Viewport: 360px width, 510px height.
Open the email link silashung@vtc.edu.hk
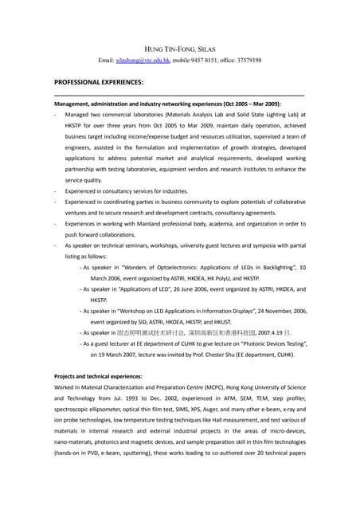coord(142,61)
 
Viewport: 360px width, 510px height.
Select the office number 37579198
coord(248,61)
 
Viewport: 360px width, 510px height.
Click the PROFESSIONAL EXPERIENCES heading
coord(98,83)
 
